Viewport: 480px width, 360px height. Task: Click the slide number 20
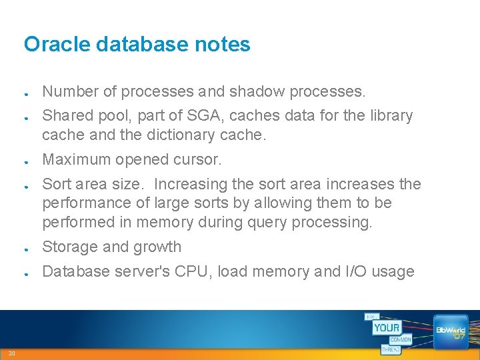coord(12,353)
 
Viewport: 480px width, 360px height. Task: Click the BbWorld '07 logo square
coord(451,331)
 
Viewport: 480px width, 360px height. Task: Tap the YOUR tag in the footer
coord(386,328)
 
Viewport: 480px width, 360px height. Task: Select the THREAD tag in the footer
coord(391,349)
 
